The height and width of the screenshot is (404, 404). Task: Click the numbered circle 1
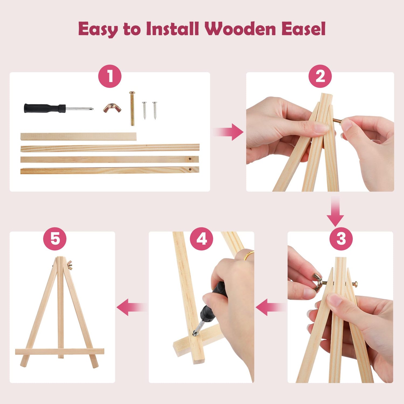[110, 76]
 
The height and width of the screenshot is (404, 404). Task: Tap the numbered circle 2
[320, 76]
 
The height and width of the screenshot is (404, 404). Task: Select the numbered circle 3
[341, 239]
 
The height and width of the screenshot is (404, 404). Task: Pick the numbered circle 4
[201, 239]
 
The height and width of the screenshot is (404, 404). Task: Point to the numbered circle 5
[55, 239]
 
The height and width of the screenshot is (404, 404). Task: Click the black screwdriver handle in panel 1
[45, 108]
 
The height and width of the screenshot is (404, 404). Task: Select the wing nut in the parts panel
[112, 108]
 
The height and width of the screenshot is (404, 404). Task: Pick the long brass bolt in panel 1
[132, 108]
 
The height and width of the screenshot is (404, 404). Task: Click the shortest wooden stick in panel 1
[78, 137]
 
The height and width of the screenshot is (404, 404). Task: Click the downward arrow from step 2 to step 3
[335, 211]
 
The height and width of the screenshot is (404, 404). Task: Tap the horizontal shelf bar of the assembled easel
[60, 351]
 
